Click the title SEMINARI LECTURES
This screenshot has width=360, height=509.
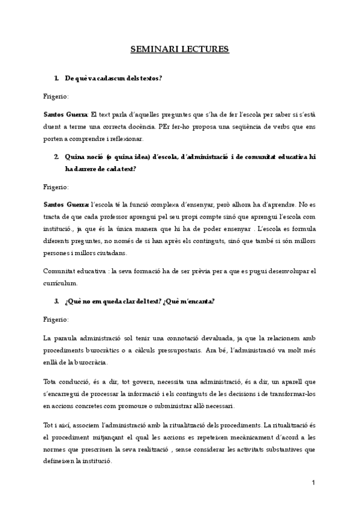coord(180,49)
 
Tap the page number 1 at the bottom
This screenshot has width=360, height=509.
coord(313,483)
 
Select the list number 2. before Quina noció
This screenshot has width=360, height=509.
coord(56,157)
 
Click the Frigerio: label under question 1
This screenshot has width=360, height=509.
coord(56,96)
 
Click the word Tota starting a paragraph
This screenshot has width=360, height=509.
coord(52,382)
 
